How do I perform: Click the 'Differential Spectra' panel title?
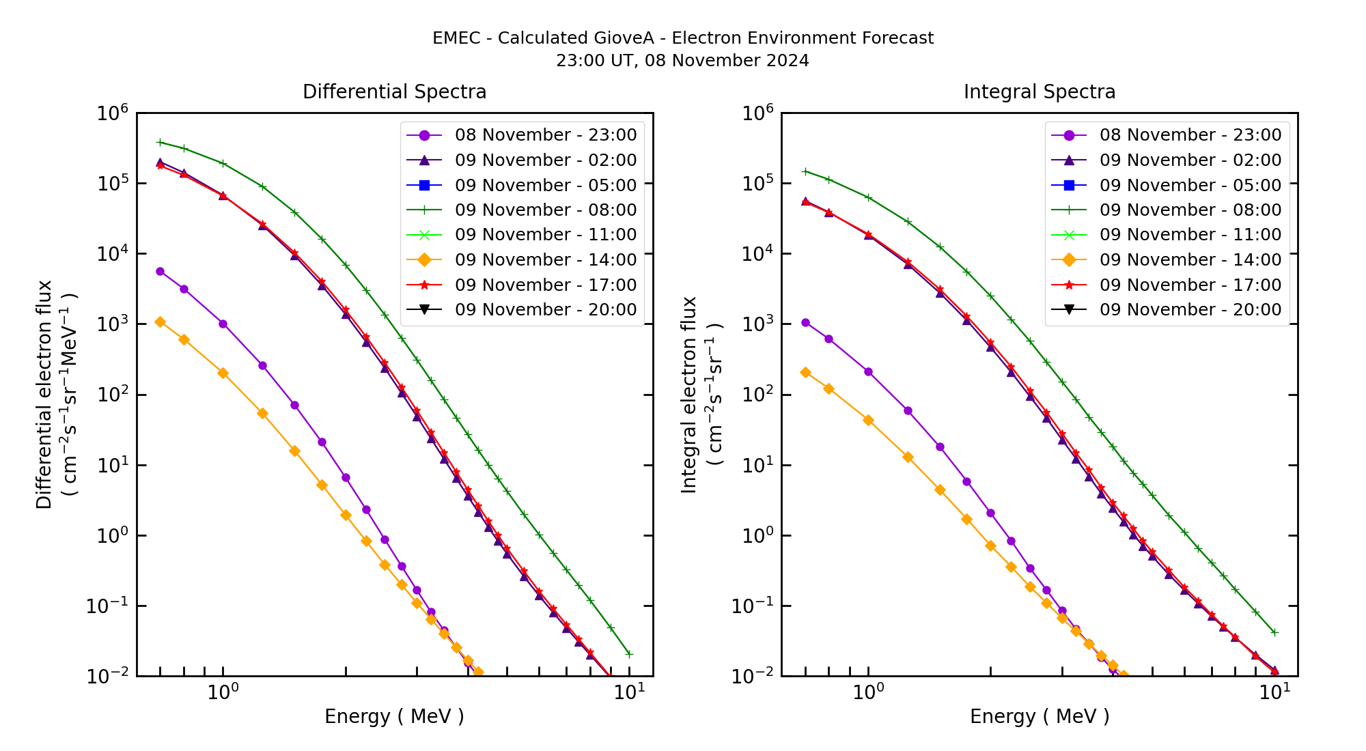tap(394, 91)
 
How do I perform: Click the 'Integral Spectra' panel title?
tap(1039, 91)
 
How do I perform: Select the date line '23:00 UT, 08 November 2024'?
tap(682, 61)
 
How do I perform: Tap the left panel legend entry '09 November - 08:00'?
tap(545, 210)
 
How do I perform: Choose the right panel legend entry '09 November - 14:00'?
tap(1190, 260)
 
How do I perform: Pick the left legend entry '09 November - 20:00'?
tap(545, 310)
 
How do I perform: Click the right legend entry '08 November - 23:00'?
tap(1190, 135)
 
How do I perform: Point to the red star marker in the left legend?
tap(424, 285)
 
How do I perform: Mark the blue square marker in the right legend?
tap(1069, 185)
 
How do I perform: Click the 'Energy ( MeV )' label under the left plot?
tap(394, 716)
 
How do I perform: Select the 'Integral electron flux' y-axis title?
tap(689, 395)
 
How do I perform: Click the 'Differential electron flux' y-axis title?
tap(44, 395)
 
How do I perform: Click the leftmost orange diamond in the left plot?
tap(160, 322)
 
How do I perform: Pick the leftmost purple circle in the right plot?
tap(805, 322)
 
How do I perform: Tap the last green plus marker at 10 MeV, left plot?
tap(629, 654)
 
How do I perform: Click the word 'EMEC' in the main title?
tap(456, 38)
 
